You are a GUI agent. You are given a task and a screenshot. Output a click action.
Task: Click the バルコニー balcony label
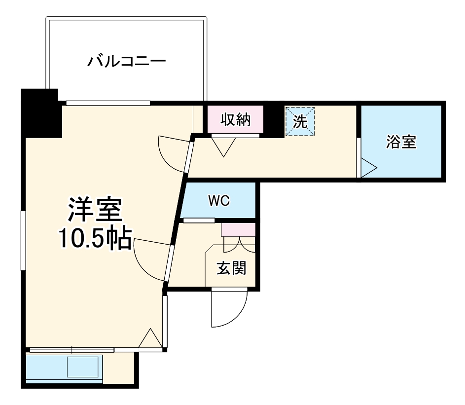126,62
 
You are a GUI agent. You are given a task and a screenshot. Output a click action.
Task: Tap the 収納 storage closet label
235,120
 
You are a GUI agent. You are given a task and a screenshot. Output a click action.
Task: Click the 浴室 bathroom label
401,143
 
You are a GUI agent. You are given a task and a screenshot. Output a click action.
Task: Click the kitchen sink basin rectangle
83,368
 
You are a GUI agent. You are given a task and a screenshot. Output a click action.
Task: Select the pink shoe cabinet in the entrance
238,230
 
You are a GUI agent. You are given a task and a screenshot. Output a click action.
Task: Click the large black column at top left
41,112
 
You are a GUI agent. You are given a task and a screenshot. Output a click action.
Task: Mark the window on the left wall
23,240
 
